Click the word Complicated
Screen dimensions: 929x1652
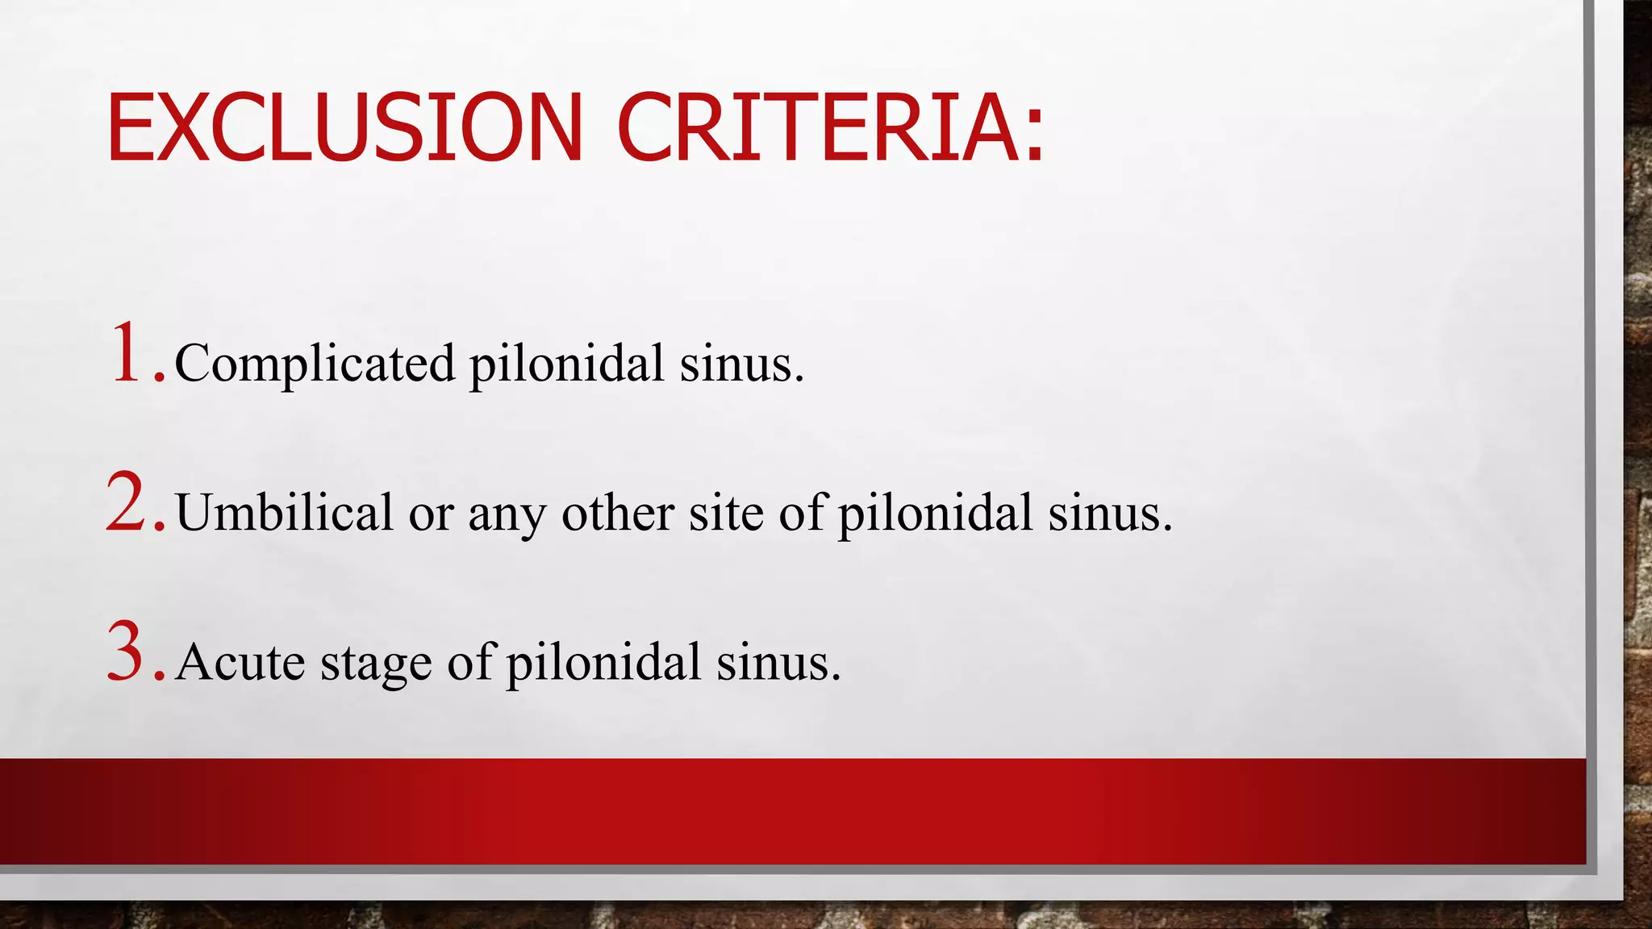[315, 364]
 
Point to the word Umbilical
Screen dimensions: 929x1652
[284, 513]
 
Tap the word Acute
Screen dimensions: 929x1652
[240, 663]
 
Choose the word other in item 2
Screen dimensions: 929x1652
[618, 513]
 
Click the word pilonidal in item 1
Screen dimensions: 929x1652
[567, 364]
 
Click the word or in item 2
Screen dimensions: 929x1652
[431, 514]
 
